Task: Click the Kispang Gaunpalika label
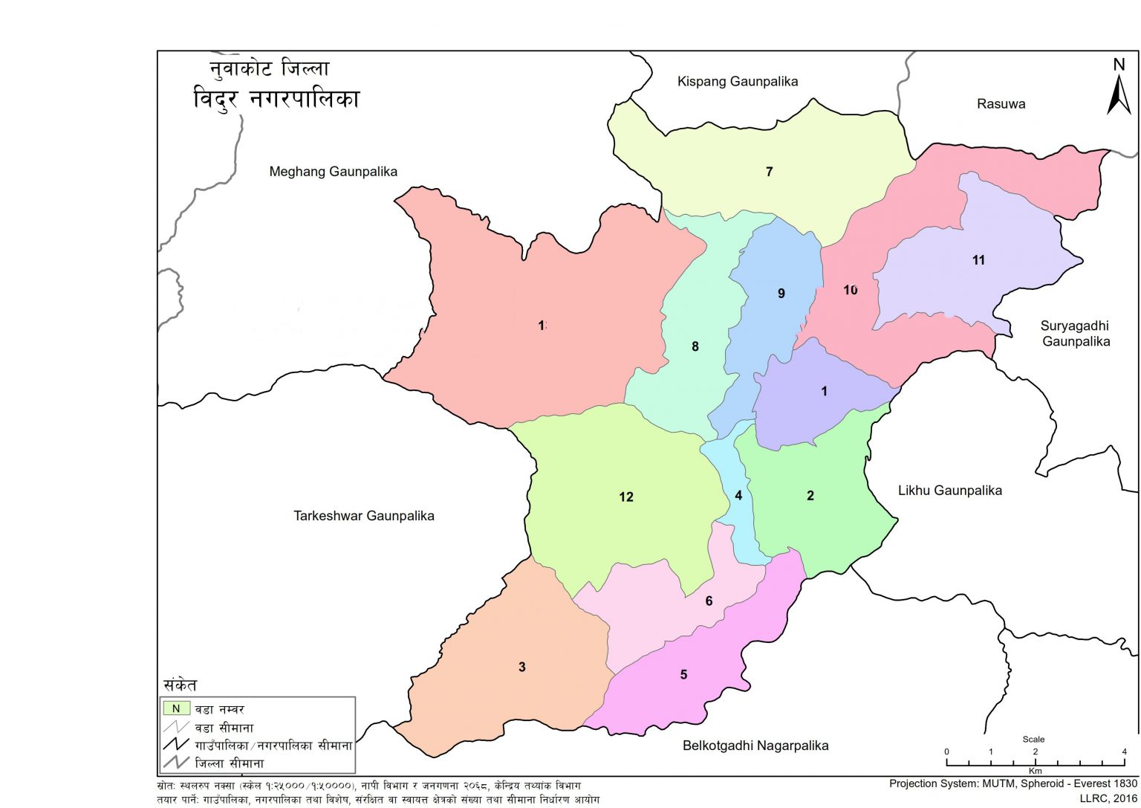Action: pyautogui.click(x=737, y=81)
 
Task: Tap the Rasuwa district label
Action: pyautogui.click(x=1001, y=104)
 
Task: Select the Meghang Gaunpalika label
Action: pyautogui.click(x=333, y=172)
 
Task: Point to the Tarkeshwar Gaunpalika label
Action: pyautogui.click(x=363, y=516)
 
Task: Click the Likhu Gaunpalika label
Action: pyautogui.click(x=949, y=491)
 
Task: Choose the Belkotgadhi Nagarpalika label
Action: pyautogui.click(x=755, y=746)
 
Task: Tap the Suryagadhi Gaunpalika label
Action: pyautogui.click(x=1075, y=334)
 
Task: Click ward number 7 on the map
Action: pyautogui.click(x=769, y=172)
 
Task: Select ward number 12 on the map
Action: pyautogui.click(x=625, y=497)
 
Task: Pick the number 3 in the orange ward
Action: pyautogui.click(x=521, y=667)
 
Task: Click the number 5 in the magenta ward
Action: pyautogui.click(x=683, y=675)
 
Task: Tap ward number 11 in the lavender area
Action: pyautogui.click(x=978, y=260)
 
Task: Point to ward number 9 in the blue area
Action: pyautogui.click(x=781, y=294)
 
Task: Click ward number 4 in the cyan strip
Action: pyautogui.click(x=738, y=496)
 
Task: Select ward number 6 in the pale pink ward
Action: pyautogui.click(x=709, y=601)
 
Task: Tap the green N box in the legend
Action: pyautogui.click(x=177, y=709)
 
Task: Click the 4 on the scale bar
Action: pyautogui.click(x=1124, y=752)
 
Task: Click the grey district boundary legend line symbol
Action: pyautogui.click(x=177, y=763)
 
